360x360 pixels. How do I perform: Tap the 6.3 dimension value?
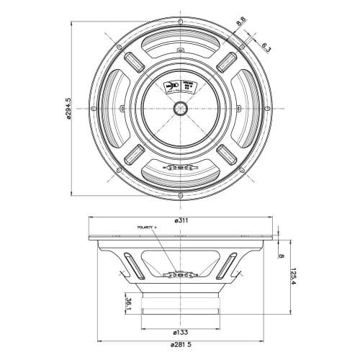pos(265,48)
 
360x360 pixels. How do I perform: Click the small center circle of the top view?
pos(179,108)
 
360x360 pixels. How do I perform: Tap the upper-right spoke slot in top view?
pos(226,61)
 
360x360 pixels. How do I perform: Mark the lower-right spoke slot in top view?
pos(226,154)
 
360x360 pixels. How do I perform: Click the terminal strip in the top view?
pos(179,166)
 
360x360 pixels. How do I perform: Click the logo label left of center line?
pos(169,86)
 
